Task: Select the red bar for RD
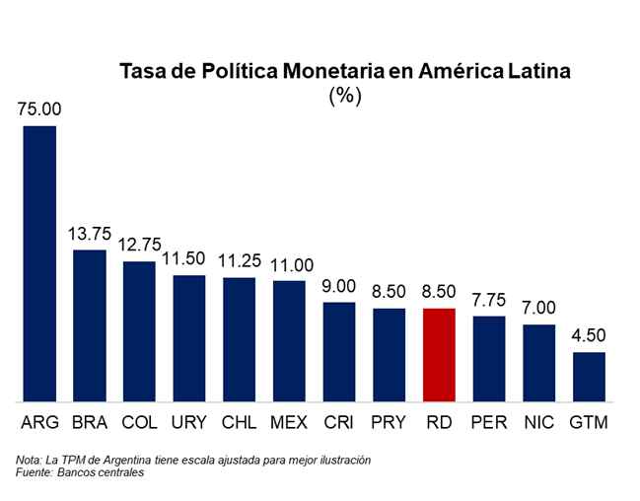tap(439, 355)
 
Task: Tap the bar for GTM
tap(589, 377)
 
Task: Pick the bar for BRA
tap(90, 325)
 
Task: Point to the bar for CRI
tap(339, 352)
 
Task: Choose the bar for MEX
tap(289, 341)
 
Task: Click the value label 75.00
tap(39, 109)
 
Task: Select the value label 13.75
tap(90, 235)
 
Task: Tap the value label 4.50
tap(589, 336)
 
